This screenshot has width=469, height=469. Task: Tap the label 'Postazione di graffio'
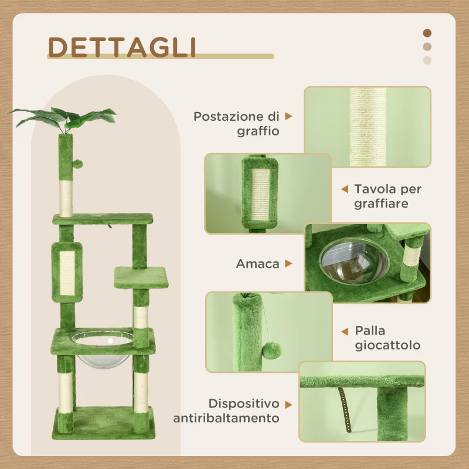coord(237,124)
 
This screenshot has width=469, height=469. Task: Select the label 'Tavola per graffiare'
coord(388,196)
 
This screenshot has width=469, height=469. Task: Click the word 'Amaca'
coord(257,264)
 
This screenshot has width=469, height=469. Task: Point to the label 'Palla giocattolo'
coord(387,338)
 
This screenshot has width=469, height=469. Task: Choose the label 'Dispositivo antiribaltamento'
coord(226,411)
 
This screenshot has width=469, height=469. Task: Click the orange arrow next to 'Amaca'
coord(288,264)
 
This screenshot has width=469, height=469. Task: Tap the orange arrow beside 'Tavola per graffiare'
coord(345,189)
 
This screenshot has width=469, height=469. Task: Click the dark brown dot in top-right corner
coord(427,33)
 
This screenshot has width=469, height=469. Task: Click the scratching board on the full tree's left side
coord(66,271)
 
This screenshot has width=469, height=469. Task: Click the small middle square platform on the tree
coord(141,275)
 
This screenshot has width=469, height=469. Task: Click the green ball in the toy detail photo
coord(271,352)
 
